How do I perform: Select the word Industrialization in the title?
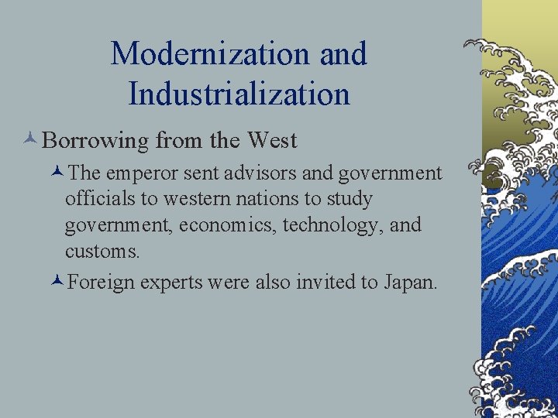[239, 94]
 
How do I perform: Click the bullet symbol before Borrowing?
[30, 140]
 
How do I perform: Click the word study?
[350, 200]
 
